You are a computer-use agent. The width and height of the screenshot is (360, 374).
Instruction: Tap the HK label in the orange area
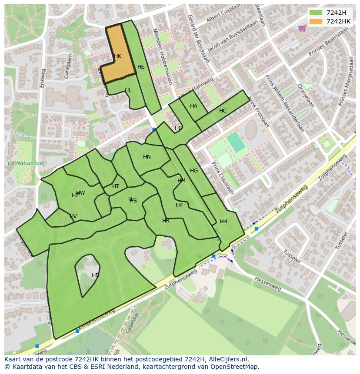click(x=117, y=56)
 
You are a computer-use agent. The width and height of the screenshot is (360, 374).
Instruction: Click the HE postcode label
click(x=141, y=67)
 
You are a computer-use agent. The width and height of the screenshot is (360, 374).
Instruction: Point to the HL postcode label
click(x=128, y=90)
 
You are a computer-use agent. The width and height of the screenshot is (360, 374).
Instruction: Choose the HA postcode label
click(x=193, y=106)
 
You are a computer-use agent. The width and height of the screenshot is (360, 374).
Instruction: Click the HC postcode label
click(x=223, y=111)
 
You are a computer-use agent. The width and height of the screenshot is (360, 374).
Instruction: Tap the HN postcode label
click(x=147, y=157)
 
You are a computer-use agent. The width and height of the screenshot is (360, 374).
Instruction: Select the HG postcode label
click(x=194, y=171)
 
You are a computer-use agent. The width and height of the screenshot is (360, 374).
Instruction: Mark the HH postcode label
click(x=223, y=222)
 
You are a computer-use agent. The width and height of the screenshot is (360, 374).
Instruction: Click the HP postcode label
click(x=179, y=205)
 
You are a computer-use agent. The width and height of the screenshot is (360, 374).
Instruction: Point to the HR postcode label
click(x=166, y=221)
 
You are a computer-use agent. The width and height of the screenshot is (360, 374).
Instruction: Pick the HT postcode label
click(x=116, y=186)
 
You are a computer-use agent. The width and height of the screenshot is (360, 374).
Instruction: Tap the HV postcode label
click(x=73, y=216)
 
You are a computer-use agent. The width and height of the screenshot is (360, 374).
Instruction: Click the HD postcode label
click(x=95, y=275)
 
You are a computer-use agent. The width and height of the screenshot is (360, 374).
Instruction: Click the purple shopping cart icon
click(x=302, y=28)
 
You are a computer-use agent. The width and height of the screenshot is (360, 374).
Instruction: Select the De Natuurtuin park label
click(x=26, y=163)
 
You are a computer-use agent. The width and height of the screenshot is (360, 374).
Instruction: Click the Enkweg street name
click(x=43, y=78)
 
